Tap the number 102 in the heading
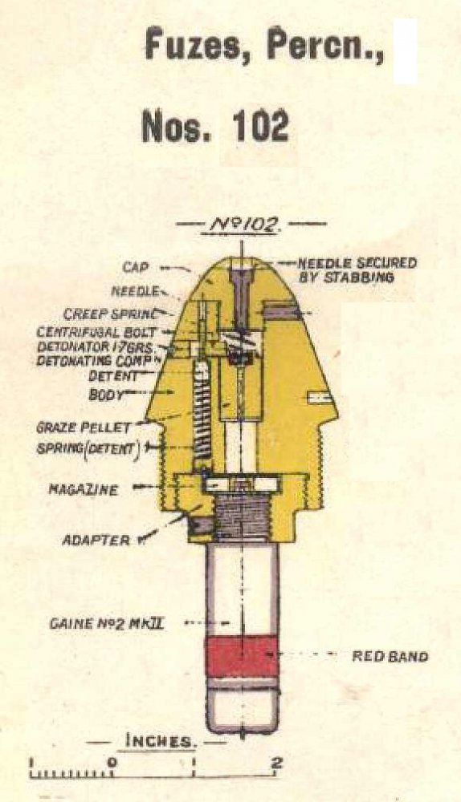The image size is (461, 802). [x=261, y=127]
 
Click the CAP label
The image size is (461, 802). [x=136, y=267]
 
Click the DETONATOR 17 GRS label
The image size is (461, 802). [x=96, y=346]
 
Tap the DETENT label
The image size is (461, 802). [x=113, y=376]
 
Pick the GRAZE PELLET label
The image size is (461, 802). [x=84, y=427]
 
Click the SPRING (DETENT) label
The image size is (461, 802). [x=88, y=448]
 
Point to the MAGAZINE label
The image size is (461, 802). [x=83, y=489]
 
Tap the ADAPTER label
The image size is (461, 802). [x=96, y=540]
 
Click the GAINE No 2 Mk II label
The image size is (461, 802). [x=107, y=623]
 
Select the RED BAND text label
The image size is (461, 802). [x=390, y=656]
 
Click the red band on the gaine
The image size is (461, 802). [x=243, y=656]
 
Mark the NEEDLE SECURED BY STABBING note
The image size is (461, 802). [x=357, y=270]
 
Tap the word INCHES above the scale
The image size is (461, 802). [x=159, y=741]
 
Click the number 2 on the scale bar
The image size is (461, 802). [x=276, y=764]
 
